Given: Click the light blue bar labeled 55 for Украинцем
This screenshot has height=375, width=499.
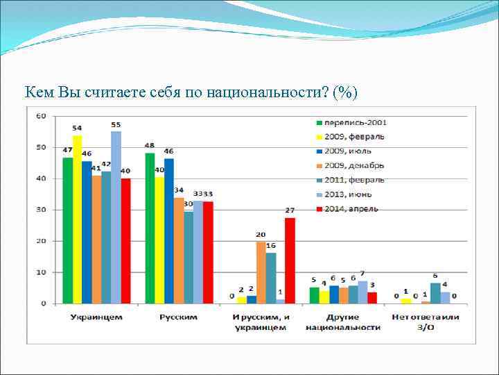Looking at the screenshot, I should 116,217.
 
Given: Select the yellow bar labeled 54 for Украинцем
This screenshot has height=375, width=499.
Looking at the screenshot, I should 77,219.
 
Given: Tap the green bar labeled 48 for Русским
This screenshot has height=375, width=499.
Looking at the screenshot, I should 150,228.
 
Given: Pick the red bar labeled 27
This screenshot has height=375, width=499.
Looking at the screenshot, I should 290,260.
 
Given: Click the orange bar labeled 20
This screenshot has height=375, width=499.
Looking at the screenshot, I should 261,272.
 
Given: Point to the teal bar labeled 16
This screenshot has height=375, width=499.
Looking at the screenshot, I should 270,278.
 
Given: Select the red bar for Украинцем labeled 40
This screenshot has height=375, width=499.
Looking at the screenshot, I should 125,240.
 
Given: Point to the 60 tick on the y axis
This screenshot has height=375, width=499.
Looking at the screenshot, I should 41,116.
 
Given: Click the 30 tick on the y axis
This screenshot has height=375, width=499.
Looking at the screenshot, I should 41,210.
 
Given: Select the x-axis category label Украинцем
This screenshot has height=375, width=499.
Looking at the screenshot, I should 96,317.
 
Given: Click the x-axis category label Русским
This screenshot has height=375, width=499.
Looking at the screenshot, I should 178,317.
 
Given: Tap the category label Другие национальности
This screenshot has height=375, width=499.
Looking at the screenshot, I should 343,322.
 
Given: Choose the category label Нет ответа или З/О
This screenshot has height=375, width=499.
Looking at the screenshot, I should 425,322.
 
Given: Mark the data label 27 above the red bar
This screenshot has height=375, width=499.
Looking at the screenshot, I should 290,210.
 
